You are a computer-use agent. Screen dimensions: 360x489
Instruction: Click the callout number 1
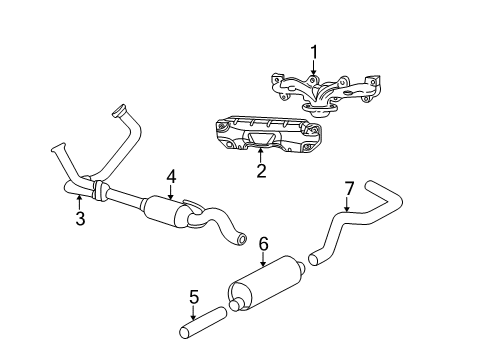click(x=313, y=52)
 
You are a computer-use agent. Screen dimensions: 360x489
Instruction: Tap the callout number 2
click(x=261, y=171)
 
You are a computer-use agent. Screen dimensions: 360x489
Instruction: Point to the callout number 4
click(x=171, y=176)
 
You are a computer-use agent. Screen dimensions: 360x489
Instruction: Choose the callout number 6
click(x=264, y=243)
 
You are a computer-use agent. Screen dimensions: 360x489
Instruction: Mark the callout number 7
click(x=349, y=216)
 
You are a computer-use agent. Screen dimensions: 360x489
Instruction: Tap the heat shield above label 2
click(x=262, y=137)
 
